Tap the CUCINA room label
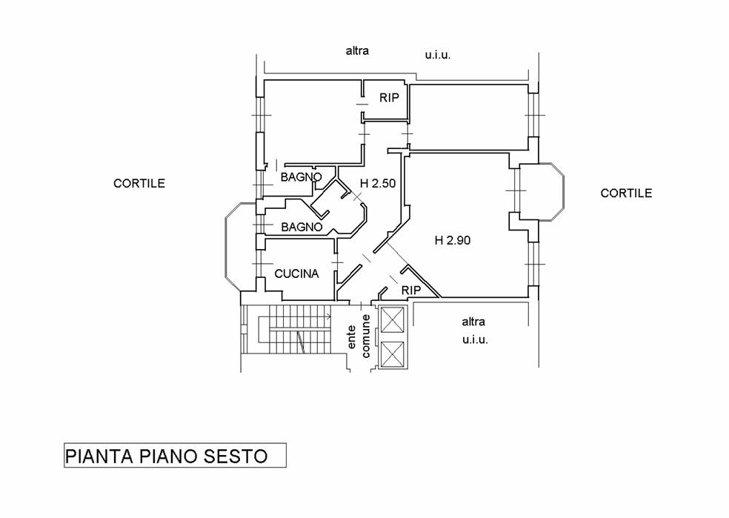[x=296, y=273]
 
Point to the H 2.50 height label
[x=378, y=184]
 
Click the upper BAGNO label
[x=301, y=178]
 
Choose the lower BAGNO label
[x=301, y=227]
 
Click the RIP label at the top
[x=390, y=97]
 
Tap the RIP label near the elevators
[x=411, y=290]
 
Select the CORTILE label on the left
[x=139, y=183]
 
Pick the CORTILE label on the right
[x=626, y=193]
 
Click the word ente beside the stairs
[x=353, y=337]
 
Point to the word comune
[x=366, y=336]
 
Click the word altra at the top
[x=357, y=51]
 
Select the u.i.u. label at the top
[x=438, y=55]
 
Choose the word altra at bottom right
[x=473, y=322]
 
